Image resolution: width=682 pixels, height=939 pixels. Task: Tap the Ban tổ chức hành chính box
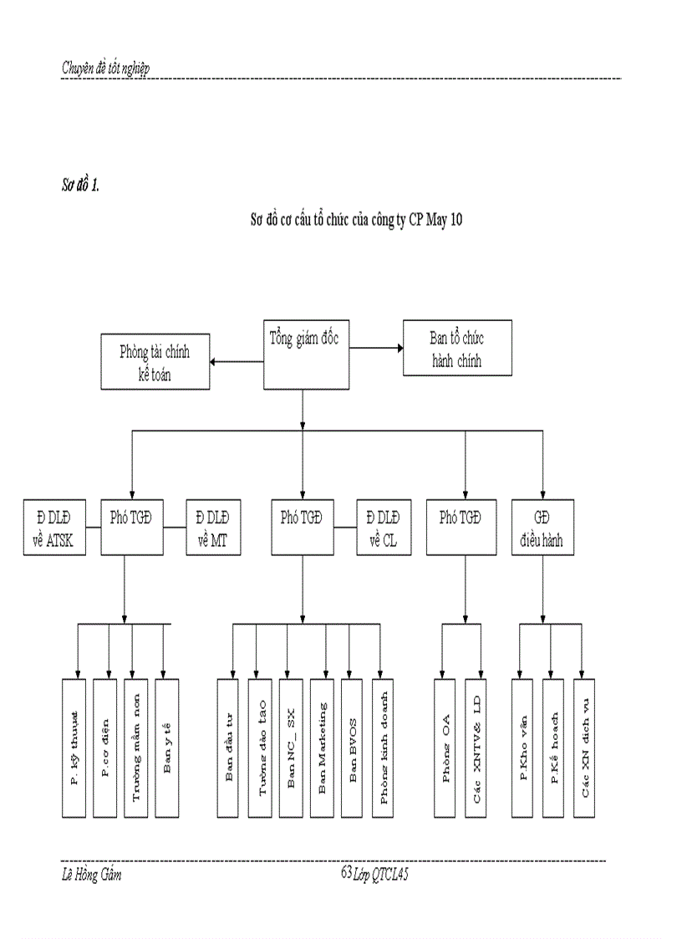[x=456, y=349]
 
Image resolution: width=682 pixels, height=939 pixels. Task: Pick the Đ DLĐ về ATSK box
[x=53, y=528]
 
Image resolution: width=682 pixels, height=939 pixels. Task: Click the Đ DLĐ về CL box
[x=384, y=528]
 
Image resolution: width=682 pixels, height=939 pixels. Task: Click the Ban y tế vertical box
[x=167, y=748]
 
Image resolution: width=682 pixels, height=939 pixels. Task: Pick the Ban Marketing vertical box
[x=322, y=748]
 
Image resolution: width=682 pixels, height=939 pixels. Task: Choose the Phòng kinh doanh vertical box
[x=384, y=748]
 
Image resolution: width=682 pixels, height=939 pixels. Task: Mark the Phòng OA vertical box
[x=445, y=748]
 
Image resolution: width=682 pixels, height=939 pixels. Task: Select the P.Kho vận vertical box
[x=523, y=748]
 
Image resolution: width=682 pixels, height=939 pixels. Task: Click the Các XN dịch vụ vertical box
[x=585, y=748]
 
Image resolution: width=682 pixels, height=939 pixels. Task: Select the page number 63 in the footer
[x=346, y=871]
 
